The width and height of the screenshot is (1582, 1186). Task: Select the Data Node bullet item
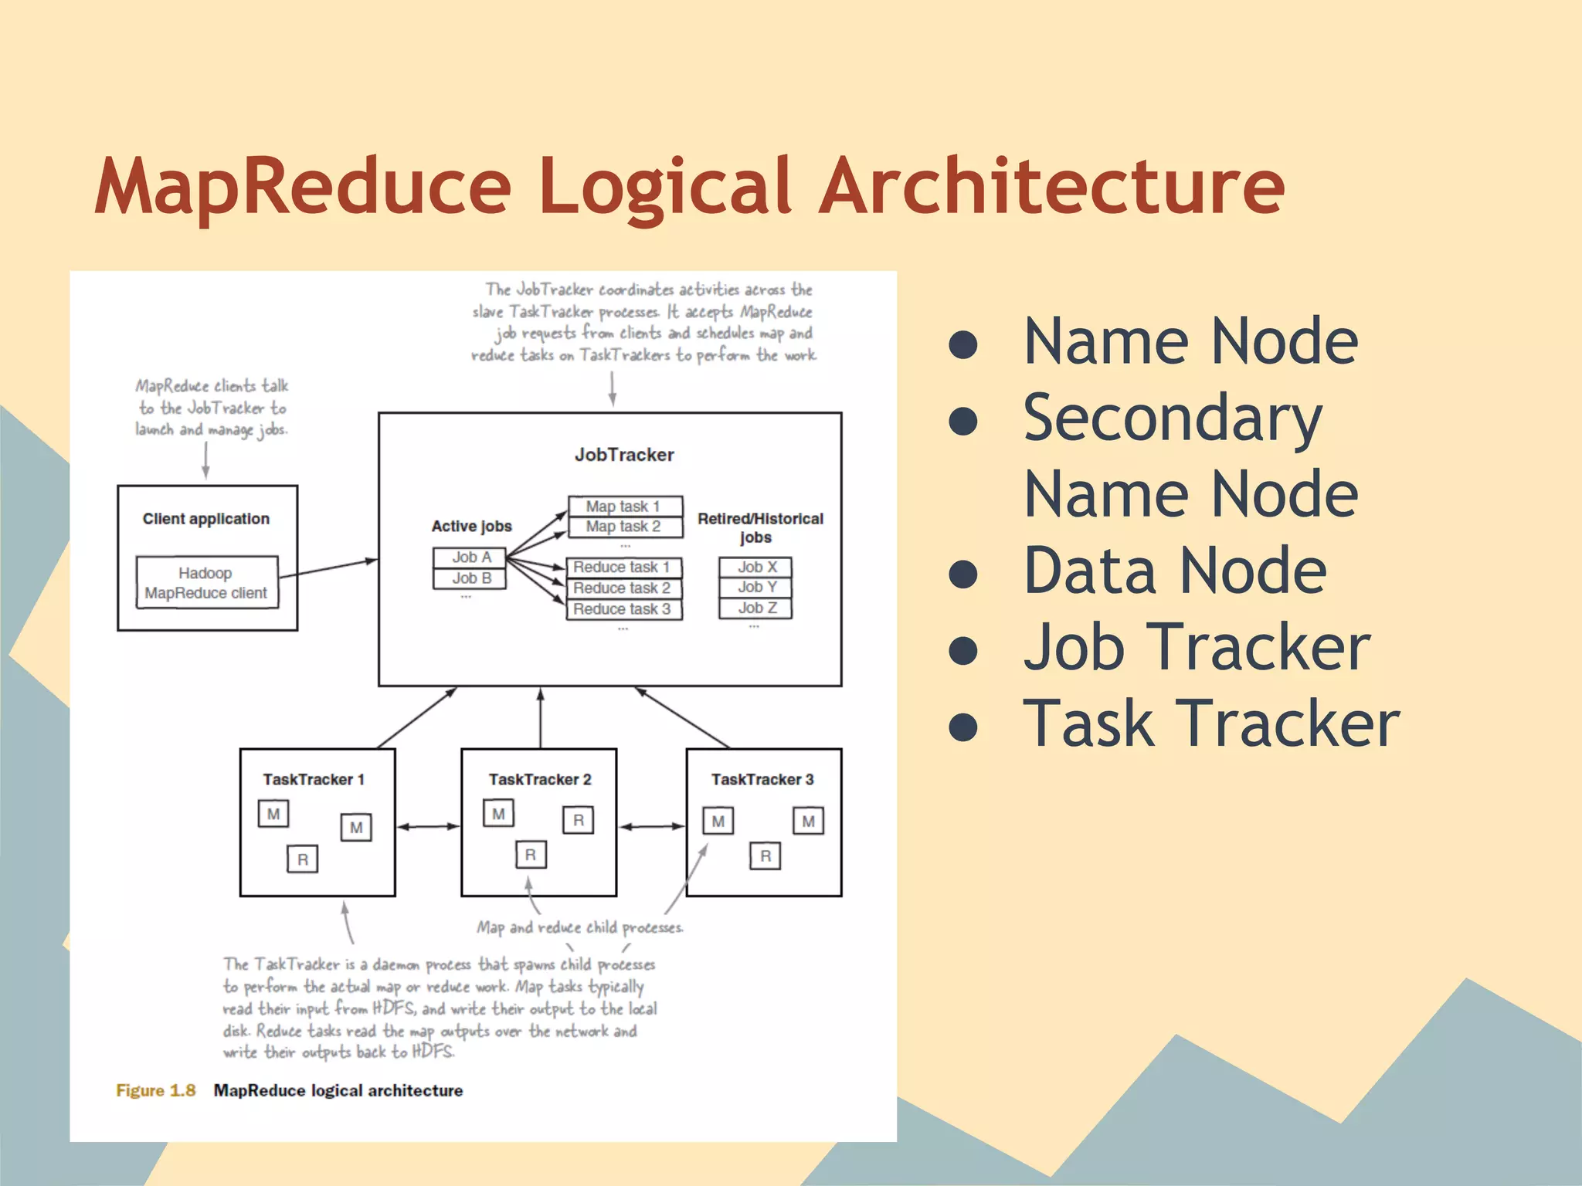1174,571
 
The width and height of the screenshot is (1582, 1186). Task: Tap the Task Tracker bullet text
1210,723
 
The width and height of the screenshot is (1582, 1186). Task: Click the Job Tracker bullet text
1196,647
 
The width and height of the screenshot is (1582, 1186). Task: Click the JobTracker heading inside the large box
624,455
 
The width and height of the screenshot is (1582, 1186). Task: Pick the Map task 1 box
625,507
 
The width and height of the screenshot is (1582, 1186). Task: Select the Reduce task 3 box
623,609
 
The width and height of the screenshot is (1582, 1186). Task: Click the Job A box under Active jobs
470,557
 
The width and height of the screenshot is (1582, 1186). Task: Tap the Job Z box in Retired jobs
755,608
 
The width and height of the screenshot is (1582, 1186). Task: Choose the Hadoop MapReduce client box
206,583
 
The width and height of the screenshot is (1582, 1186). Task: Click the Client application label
206,519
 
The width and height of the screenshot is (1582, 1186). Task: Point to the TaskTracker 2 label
539,780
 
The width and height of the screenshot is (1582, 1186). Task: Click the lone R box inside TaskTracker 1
302,859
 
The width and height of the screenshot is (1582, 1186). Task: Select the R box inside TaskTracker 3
765,856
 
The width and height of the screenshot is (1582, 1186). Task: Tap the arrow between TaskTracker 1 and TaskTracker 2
429,827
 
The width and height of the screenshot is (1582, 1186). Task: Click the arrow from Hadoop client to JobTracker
328,569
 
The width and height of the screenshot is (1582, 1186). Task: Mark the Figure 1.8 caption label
155,1090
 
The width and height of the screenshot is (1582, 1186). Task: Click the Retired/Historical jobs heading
759,527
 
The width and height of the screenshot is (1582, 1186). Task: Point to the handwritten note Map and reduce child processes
579,927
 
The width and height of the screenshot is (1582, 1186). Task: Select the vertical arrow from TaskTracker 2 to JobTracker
541,718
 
